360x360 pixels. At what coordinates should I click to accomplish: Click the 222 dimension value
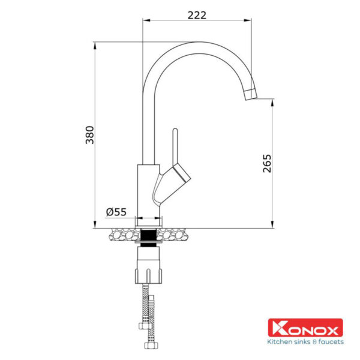tap(197, 16)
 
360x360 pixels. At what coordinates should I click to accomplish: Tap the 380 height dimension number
tap(90, 135)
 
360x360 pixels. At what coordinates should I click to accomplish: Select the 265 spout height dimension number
tap(267, 163)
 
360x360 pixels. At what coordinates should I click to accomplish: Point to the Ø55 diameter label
tap(116, 212)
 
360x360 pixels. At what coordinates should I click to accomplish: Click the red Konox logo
tap(305, 328)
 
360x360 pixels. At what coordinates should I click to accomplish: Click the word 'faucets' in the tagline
tap(331, 342)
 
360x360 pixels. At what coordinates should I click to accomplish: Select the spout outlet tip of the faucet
tap(251, 95)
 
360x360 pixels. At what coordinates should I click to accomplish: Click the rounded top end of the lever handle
tap(175, 131)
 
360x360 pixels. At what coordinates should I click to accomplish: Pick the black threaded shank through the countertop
tap(149, 238)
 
